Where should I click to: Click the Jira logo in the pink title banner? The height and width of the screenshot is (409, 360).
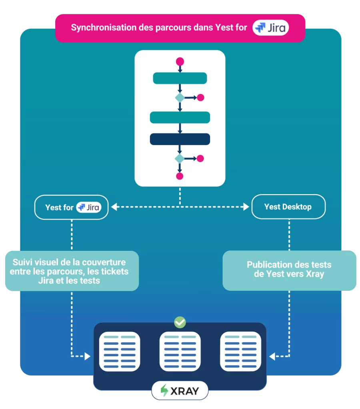click(x=270, y=28)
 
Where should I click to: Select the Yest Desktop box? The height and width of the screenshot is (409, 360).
click(x=288, y=207)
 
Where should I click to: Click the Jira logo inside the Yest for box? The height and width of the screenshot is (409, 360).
click(x=88, y=207)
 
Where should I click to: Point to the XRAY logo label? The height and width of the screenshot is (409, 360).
click(x=180, y=391)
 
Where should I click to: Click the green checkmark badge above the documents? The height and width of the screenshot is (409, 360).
click(x=180, y=322)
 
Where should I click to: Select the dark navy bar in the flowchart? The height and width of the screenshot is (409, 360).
click(x=180, y=139)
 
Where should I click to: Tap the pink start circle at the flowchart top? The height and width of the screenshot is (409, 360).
click(x=180, y=62)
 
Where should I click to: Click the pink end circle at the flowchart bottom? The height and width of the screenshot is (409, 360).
click(x=180, y=176)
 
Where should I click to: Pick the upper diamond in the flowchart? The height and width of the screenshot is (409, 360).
click(x=180, y=97)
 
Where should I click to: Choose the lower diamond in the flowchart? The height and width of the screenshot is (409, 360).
click(x=180, y=159)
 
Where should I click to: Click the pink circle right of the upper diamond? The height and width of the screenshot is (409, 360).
click(x=200, y=97)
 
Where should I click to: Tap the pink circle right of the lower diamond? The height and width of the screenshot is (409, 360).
click(x=200, y=159)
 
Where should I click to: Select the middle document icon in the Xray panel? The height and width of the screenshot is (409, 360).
click(x=180, y=351)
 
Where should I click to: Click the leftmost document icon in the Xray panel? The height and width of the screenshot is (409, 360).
click(x=119, y=351)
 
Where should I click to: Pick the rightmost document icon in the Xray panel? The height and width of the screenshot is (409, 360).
click(x=241, y=351)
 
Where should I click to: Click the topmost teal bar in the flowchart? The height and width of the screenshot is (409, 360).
click(x=180, y=78)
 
